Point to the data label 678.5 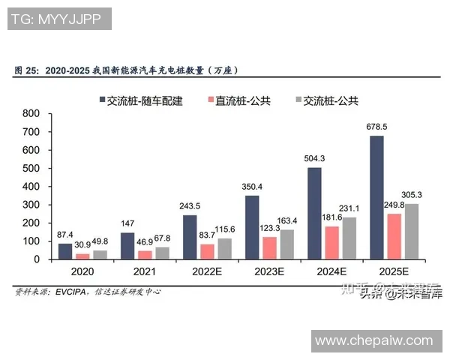[376, 126]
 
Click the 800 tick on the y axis [31, 114]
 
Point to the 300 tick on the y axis [31, 205]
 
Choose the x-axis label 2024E [331, 273]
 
